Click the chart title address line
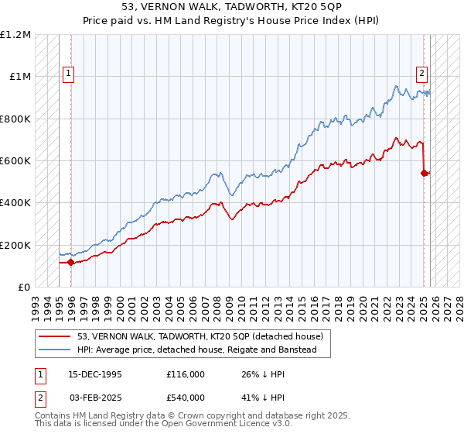[x=232, y=6]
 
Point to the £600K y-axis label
[x=15, y=161]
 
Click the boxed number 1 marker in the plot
[x=69, y=74]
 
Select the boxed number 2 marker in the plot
[x=421, y=74]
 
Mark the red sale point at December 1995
[x=70, y=262]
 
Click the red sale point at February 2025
[x=425, y=173]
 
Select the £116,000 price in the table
[x=185, y=374]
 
